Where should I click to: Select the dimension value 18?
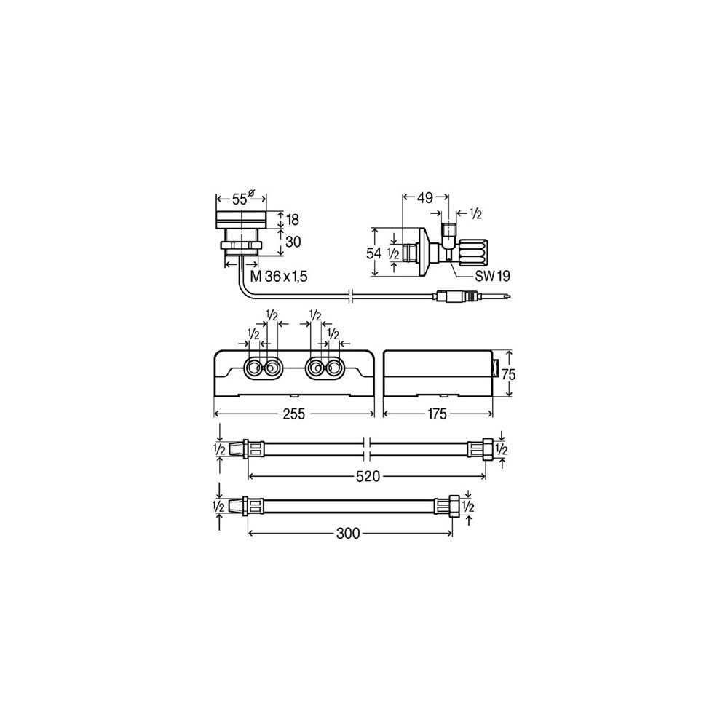[293, 220]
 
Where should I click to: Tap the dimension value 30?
[293, 242]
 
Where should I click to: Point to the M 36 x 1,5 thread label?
[279, 277]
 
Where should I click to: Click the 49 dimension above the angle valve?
[425, 198]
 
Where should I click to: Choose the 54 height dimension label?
[373, 253]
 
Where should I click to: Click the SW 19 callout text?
[493, 276]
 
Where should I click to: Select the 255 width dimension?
[294, 414]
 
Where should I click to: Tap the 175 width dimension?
[437, 414]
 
